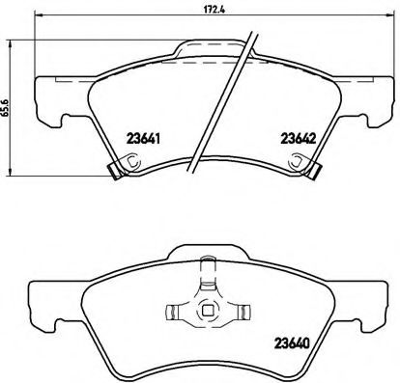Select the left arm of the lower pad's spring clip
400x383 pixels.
(x=176, y=311)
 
